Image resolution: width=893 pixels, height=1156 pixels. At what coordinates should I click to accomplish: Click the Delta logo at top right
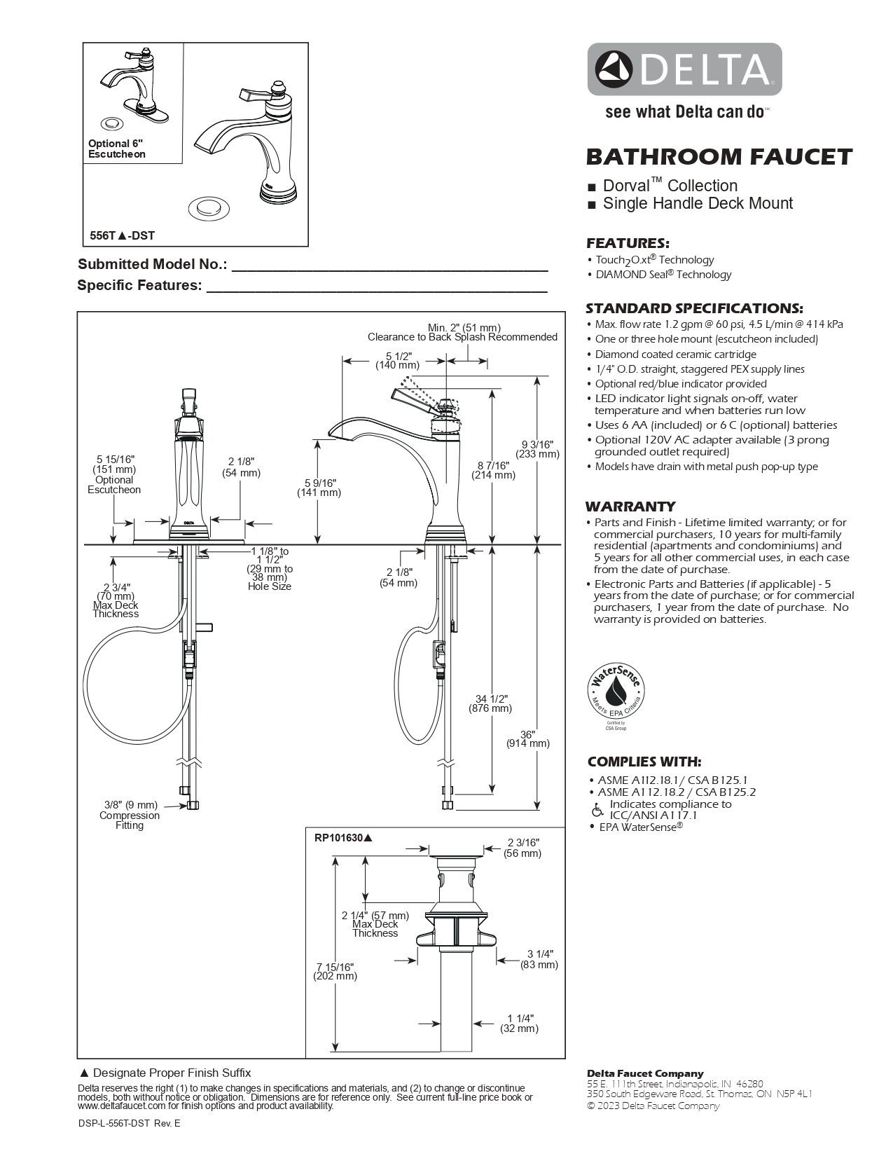[x=684, y=69]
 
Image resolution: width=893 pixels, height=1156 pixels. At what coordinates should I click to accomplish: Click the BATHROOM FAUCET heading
[x=719, y=157]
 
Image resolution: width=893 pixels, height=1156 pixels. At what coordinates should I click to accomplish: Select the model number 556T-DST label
[x=123, y=236]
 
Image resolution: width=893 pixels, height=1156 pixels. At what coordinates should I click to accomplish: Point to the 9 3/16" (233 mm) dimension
[x=537, y=448]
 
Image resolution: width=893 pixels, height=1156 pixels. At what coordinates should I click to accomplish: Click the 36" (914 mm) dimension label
[x=528, y=738]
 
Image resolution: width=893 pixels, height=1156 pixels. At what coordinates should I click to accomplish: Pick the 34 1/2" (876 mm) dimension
[x=490, y=703]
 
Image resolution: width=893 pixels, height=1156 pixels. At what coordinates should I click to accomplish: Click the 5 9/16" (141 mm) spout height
[x=319, y=488]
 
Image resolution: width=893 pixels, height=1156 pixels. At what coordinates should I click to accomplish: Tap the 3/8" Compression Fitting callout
[x=130, y=815]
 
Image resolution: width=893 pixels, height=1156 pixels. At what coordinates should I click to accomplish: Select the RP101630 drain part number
[x=343, y=837]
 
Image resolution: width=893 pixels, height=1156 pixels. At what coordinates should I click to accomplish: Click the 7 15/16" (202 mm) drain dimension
[x=336, y=971]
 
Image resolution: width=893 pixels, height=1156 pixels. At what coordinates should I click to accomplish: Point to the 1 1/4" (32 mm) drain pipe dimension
[x=520, y=1024]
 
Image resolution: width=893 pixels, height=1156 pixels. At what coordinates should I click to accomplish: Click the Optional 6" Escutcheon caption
[x=116, y=149]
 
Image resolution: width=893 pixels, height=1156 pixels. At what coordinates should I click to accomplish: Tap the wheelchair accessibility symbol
[x=597, y=810]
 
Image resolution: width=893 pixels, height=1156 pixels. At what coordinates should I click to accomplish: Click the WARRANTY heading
[x=630, y=507]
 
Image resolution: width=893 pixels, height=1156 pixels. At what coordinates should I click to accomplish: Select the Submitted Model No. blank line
[x=389, y=265]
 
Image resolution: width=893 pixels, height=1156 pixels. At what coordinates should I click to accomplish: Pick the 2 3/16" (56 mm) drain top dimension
[x=522, y=848]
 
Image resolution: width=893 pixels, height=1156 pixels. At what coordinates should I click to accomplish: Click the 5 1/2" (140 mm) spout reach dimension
[x=398, y=360]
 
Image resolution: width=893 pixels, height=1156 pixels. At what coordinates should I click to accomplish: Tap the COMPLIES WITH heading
[x=644, y=762]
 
